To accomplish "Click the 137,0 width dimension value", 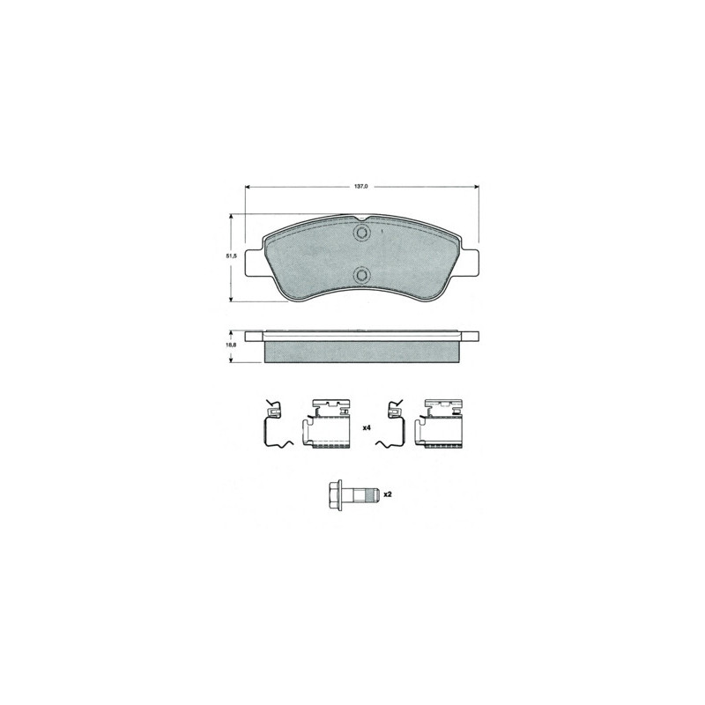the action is point(361,186).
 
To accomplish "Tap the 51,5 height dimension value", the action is point(231,256).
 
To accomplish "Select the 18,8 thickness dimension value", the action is point(231,345).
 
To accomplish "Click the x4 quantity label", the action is point(366,428).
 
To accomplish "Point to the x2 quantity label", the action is point(387,494).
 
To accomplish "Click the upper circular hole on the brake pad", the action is point(361,233).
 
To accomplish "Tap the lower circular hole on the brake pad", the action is point(361,274).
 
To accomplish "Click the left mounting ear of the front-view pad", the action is point(254,263).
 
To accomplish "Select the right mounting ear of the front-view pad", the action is point(469,263).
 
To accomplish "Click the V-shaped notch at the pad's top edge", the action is point(361,219).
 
